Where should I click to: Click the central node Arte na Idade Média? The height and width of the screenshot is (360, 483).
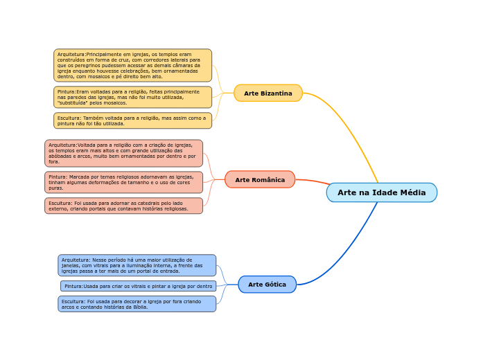[382, 192]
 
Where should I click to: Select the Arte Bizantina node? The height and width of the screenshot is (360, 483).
[268, 93]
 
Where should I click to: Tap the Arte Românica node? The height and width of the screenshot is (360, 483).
[260, 180]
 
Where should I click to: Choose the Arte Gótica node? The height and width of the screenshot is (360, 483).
[267, 285]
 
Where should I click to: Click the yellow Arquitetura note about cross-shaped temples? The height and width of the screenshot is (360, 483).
[132, 65]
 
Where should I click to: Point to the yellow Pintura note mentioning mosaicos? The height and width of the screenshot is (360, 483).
[132, 98]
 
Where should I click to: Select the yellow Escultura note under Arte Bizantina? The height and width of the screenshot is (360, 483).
[132, 121]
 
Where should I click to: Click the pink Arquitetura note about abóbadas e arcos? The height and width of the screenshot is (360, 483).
[123, 153]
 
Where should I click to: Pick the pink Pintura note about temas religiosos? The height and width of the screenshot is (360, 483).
[123, 182]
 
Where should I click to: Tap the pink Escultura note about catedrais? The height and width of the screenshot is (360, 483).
[123, 206]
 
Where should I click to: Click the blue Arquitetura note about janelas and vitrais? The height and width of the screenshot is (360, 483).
[137, 265]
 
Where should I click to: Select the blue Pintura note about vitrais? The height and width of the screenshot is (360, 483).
[138, 286]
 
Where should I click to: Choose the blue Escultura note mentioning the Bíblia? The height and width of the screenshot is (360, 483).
[137, 304]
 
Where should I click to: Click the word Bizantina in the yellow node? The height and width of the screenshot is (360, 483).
[276, 93]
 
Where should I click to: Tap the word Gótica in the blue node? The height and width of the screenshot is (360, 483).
[274, 285]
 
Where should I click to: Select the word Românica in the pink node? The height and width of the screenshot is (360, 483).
[269, 180]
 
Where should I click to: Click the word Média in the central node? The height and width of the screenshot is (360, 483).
[412, 192]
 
